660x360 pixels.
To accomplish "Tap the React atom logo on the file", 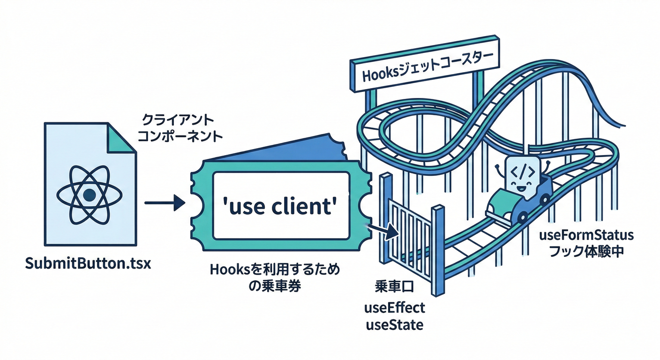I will click(89, 194).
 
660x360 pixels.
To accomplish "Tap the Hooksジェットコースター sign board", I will click(425, 66).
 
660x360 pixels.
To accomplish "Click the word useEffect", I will click(394, 308).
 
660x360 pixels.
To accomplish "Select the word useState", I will click(394, 324).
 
